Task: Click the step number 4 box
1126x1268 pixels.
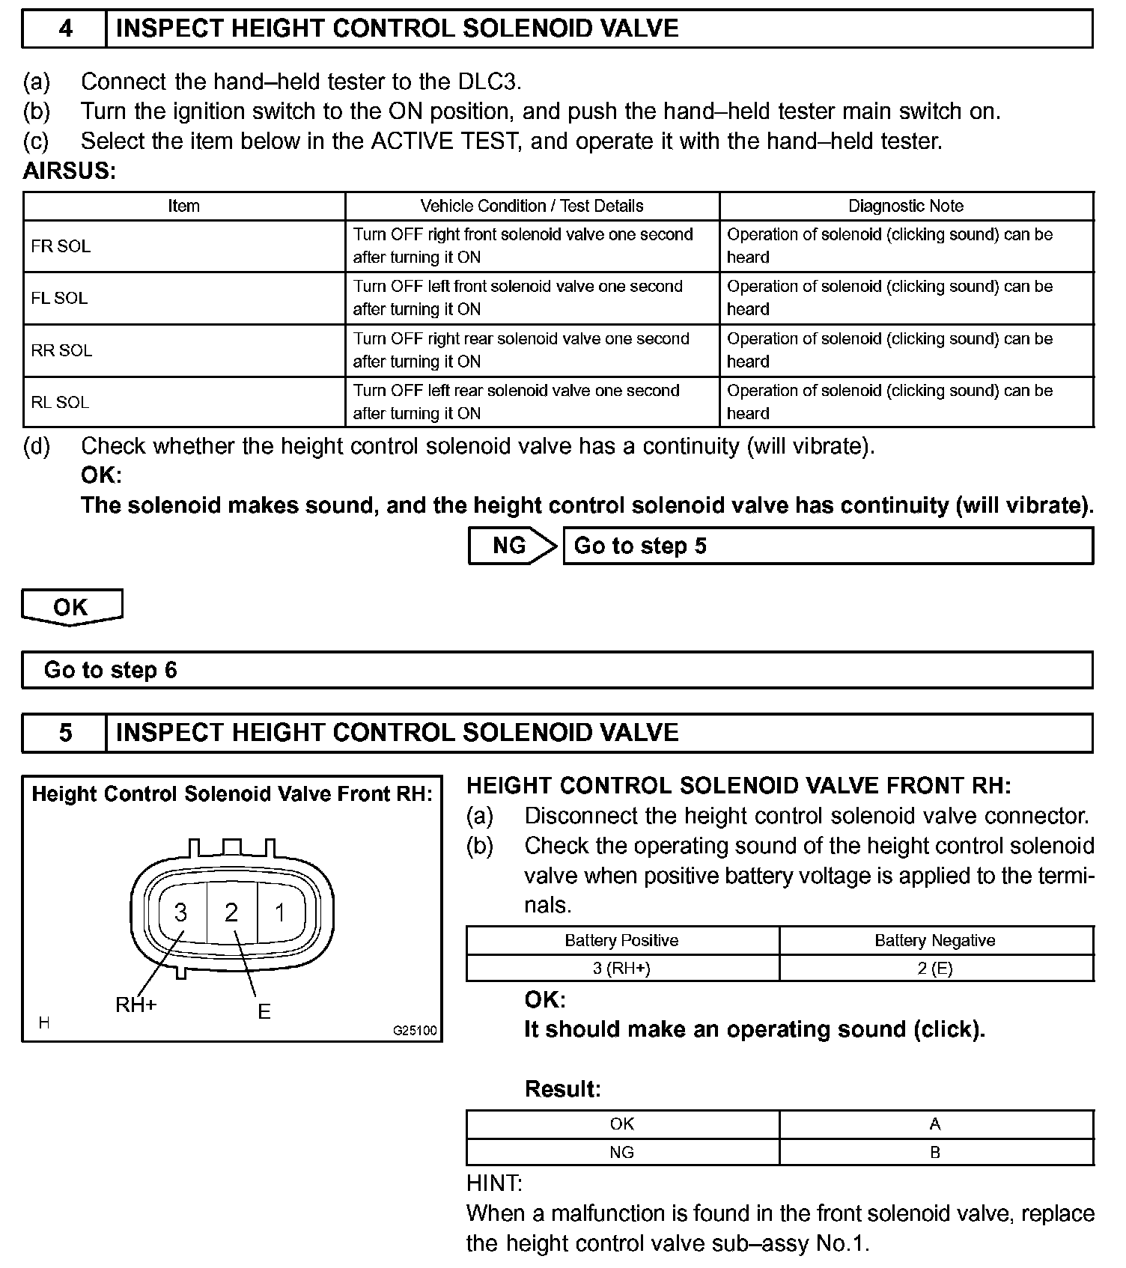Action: pos(65,28)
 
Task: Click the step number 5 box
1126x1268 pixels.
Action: pos(65,732)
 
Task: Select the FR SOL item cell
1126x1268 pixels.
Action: pos(183,246)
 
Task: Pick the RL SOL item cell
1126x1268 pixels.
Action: pos(183,402)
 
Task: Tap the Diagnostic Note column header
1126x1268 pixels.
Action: pos(906,206)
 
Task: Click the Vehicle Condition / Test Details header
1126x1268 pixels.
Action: pos(532,206)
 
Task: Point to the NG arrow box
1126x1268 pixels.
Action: pos(511,546)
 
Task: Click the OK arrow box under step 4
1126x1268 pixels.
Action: pos(71,606)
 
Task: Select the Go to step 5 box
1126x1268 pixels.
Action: pos(827,546)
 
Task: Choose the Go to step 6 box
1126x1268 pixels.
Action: pos(557,670)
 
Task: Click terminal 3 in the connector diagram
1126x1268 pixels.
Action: pos(180,912)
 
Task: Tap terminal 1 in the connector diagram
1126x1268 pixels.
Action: pos(280,912)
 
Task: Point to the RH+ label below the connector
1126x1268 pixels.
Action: pos(136,1005)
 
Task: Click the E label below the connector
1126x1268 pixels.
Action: pos(264,1012)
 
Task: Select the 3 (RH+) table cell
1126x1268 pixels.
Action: pos(622,969)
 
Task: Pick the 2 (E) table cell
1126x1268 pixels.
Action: pos(935,969)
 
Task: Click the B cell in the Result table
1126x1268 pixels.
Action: pos(935,1153)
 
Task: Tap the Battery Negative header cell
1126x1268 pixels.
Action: pos(935,941)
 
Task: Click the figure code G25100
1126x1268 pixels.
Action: pos(415,1031)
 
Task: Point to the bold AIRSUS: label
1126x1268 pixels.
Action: pos(70,171)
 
